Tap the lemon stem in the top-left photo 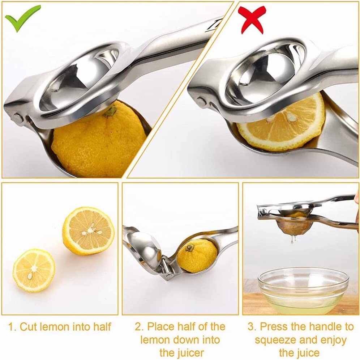[111, 111]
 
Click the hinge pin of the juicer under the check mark [17, 117]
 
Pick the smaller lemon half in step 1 [34, 270]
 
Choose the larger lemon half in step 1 [88, 231]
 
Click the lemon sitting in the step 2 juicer [197, 255]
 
